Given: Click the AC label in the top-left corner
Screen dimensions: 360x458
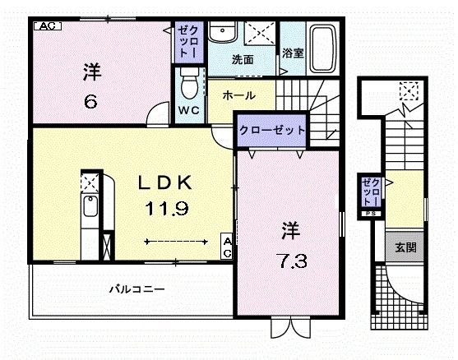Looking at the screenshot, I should (x=46, y=25).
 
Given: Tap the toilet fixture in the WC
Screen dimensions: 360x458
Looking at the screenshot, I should (x=189, y=83).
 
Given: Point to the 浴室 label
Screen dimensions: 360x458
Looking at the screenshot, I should (x=293, y=53).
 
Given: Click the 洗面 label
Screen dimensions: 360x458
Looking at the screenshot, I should (x=242, y=60).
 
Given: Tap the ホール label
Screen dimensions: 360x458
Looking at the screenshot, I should (x=239, y=95).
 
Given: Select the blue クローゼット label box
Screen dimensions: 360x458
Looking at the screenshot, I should (x=273, y=130).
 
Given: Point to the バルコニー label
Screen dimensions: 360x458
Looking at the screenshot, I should (x=138, y=289).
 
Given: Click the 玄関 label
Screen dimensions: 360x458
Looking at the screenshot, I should (x=404, y=246).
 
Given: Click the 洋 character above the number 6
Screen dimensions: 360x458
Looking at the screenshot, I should (x=91, y=72).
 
